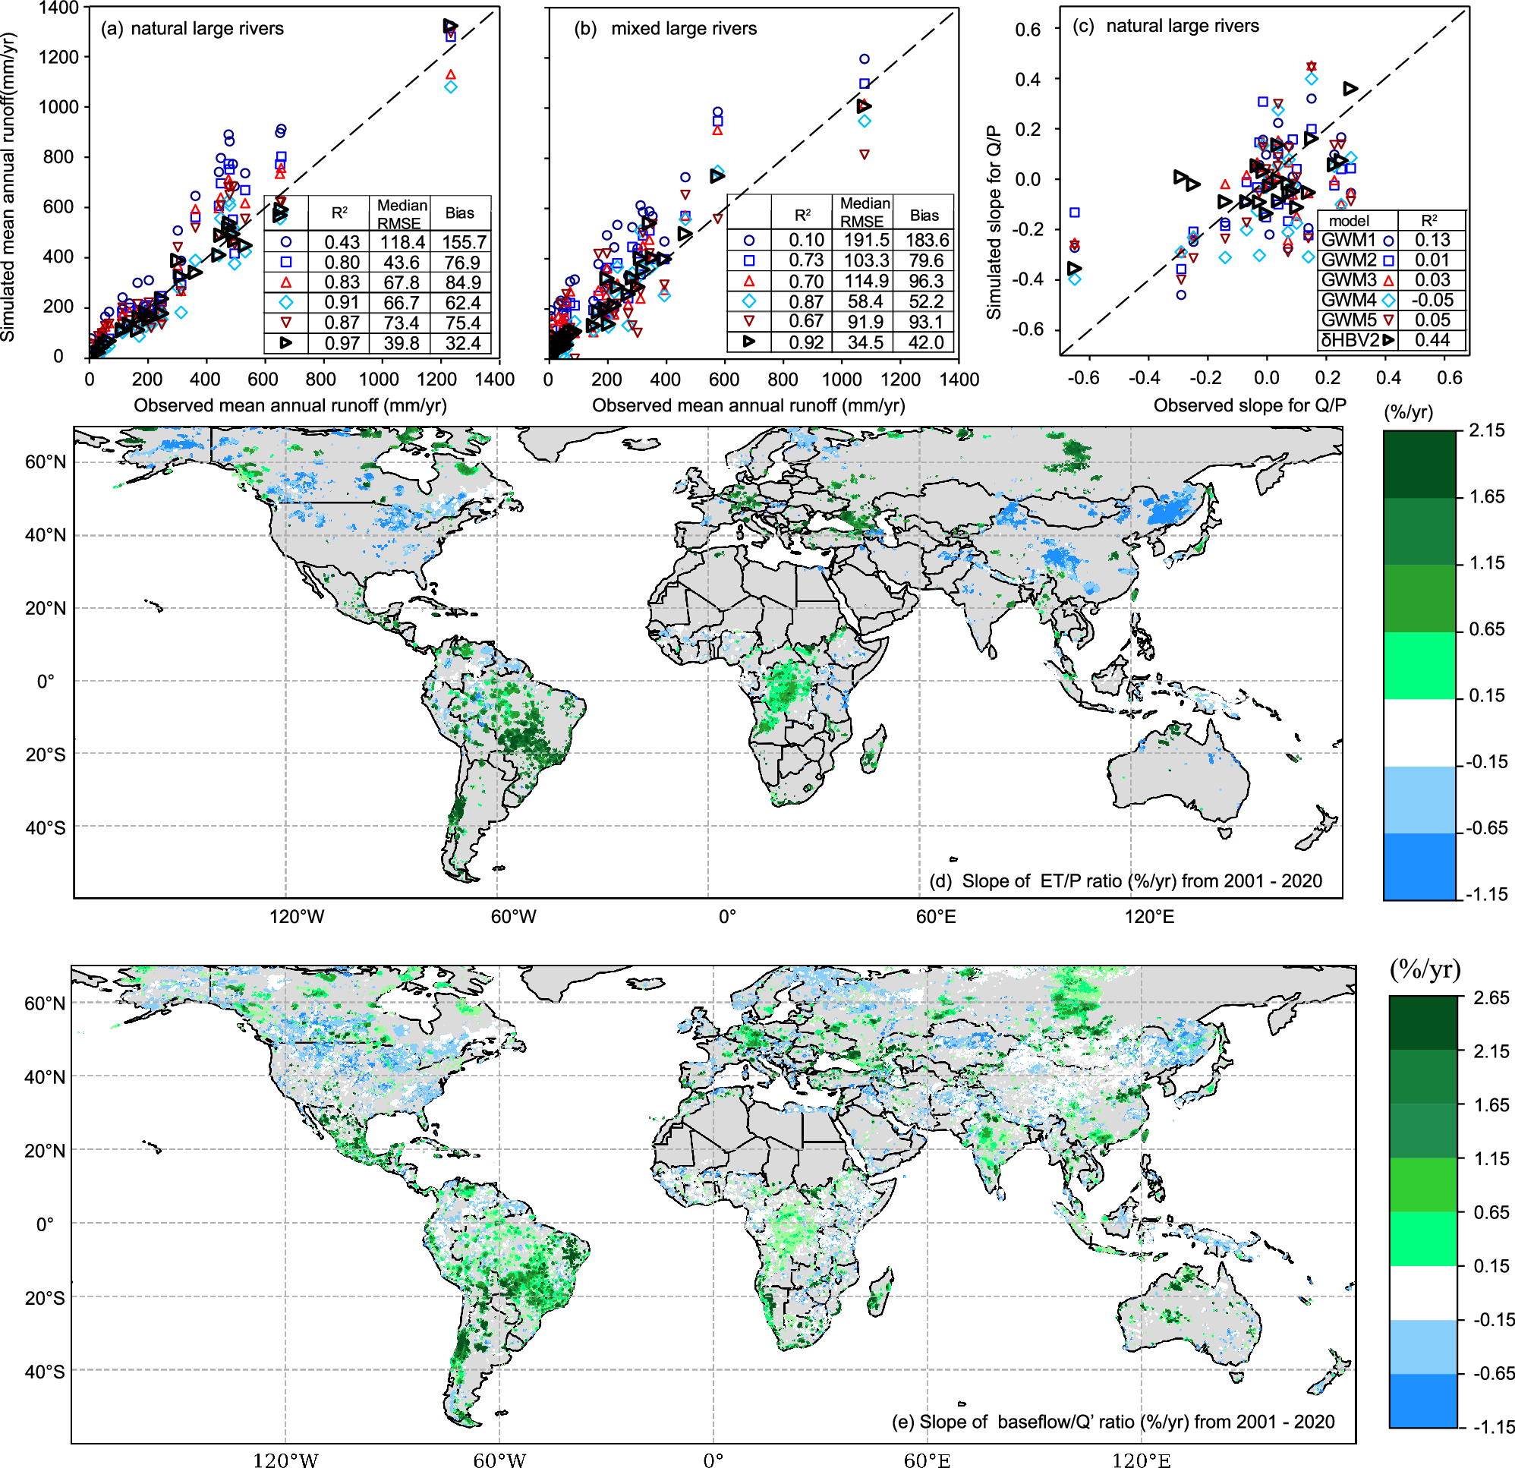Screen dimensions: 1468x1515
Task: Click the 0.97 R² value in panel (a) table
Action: point(342,343)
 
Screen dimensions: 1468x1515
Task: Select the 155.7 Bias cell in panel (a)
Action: point(464,242)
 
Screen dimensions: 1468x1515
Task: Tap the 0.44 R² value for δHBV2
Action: point(1432,340)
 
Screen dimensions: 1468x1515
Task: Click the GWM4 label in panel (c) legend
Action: point(1349,300)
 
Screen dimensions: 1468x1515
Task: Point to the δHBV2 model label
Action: point(1350,340)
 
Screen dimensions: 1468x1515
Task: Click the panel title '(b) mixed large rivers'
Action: point(665,29)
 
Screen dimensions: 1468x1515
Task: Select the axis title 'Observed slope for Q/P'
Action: point(1250,405)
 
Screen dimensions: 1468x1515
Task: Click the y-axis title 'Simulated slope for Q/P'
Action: point(994,222)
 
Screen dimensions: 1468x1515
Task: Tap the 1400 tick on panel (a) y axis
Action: point(58,8)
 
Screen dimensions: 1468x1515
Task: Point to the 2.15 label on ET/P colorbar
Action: point(1486,430)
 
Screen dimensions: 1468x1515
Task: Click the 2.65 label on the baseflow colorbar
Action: point(1491,998)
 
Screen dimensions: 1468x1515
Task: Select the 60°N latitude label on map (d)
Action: point(46,462)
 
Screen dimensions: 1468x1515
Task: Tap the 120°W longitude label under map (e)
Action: point(285,1460)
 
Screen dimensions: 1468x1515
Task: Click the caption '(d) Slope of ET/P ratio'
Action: point(1126,881)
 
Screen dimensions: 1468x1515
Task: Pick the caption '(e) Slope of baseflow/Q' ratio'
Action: point(1113,1422)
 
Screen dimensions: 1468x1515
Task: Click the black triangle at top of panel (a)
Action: point(450,27)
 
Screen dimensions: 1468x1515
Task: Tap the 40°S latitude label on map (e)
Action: point(45,1372)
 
